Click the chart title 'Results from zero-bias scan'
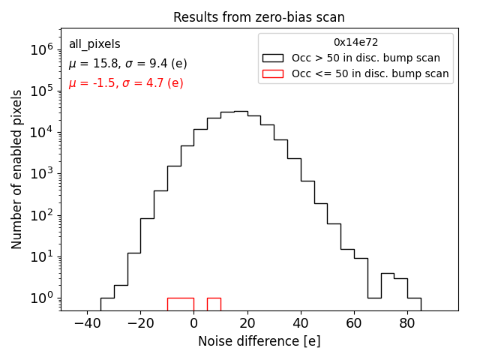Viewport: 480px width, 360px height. tap(259, 17)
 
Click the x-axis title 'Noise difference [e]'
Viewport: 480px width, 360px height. tap(259, 341)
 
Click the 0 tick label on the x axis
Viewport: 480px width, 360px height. tap(193, 324)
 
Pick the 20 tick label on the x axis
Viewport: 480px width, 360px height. tap(247, 324)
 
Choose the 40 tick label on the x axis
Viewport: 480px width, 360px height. tap(300, 324)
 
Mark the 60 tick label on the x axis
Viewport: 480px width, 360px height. tap(353, 324)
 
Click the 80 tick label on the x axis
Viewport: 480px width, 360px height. tap(406, 324)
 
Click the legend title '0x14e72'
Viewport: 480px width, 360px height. tap(355, 43)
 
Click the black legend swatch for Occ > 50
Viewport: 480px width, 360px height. tap(272, 58)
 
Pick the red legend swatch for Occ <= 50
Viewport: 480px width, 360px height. tap(272, 73)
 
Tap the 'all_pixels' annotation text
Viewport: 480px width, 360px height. tap(94, 44)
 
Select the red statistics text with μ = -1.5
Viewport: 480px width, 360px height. tap(126, 83)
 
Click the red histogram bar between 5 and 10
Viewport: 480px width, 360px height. tap(214, 304)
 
